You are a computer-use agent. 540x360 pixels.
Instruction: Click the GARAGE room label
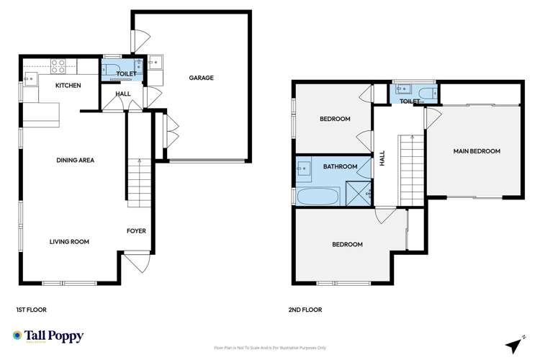[x=201, y=78]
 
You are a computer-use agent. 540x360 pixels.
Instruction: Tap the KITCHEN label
[x=68, y=86]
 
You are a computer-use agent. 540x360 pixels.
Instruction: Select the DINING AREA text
[x=76, y=160]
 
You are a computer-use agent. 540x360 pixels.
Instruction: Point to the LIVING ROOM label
[x=69, y=242]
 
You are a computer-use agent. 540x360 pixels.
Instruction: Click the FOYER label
[x=136, y=231]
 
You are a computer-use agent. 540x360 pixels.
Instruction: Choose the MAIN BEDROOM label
[x=476, y=151]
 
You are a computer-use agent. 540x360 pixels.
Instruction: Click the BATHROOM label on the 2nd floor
[x=340, y=167]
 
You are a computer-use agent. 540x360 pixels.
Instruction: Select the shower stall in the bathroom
[x=358, y=192]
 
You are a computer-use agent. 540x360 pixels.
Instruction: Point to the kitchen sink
[x=32, y=77]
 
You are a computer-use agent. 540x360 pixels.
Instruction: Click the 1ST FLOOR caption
[x=31, y=310]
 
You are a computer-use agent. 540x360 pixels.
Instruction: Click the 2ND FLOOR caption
[x=305, y=310]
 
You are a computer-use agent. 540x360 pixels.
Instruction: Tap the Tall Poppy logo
[x=48, y=336]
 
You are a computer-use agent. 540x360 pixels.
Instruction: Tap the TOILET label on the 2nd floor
[x=410, y=102]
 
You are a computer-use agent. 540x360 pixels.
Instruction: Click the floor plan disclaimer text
[x=269, y=347]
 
